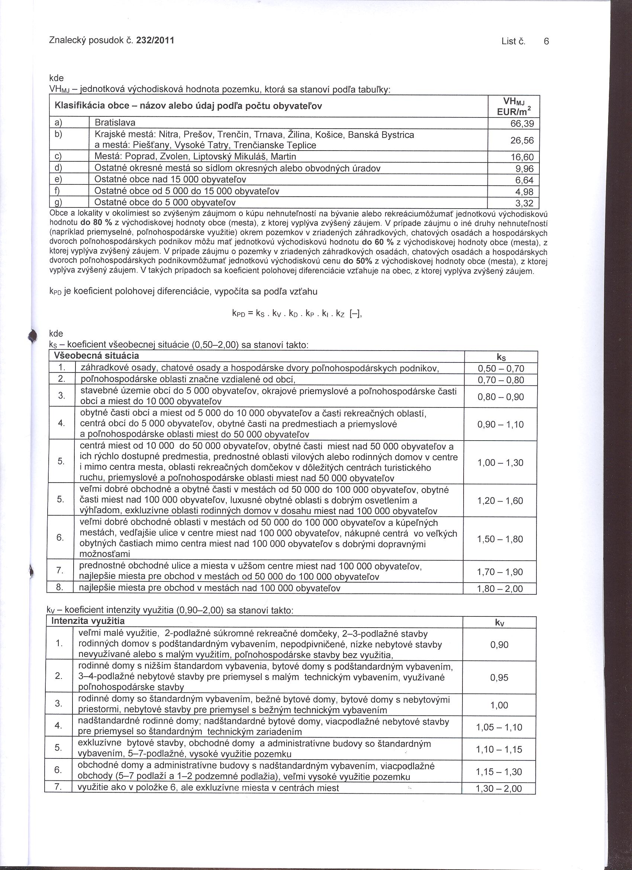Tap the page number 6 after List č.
coord(546,41)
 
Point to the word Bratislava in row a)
coord(115,123)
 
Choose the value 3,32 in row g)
coord(525,203)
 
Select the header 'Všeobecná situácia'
coord(96,355)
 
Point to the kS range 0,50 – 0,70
coord(500,369)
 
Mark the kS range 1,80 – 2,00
coord(500,589)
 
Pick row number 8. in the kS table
coord(59,588)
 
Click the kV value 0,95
coord(499,677)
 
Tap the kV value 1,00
coord(499,705)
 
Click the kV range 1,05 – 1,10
coord(499,727)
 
